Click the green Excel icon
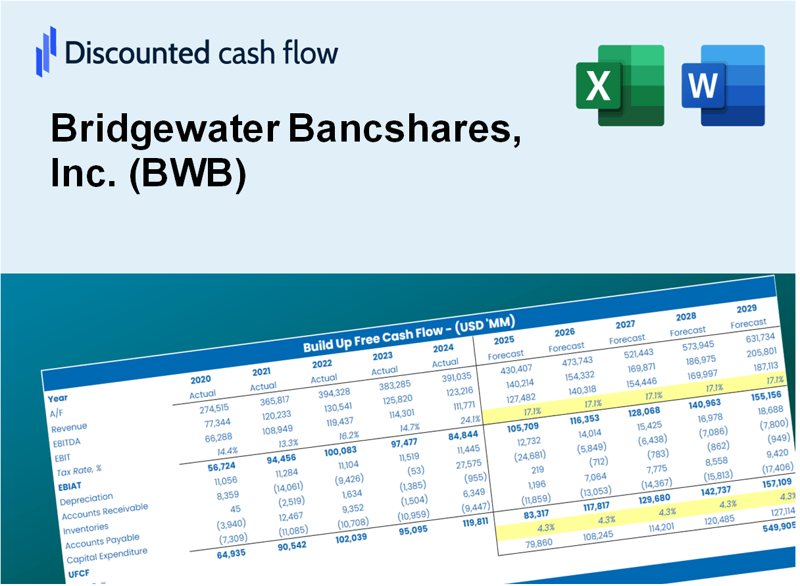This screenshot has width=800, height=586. tap(620, 85)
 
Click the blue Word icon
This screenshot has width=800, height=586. tap(722, 85)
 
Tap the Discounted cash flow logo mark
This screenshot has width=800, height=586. tap(46, 51)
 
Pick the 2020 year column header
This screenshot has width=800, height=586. tap(201, 380)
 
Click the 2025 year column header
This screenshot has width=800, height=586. tap(504, 340)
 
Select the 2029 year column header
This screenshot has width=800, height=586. tap(747, 308)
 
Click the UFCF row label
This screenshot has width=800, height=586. tap(78, 574)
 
